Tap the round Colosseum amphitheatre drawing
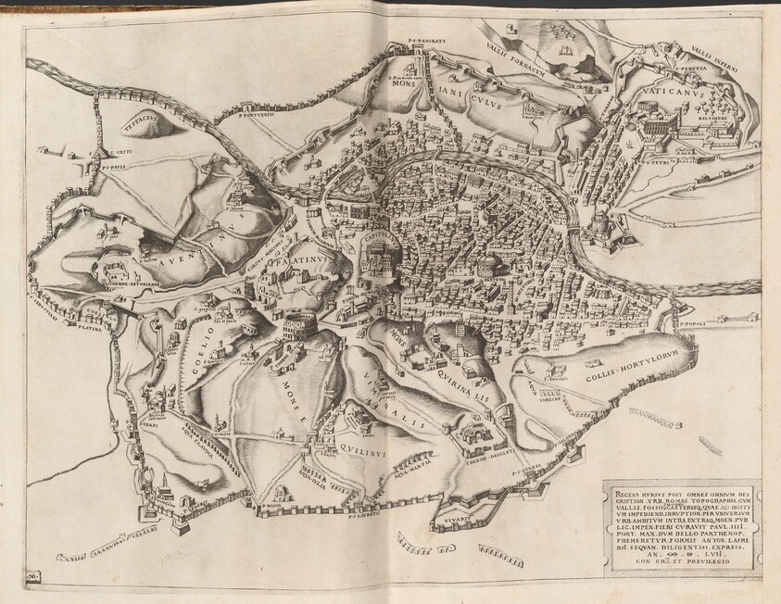click(x=302, y=326)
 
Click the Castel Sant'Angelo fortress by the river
click(x=602, y=225)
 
